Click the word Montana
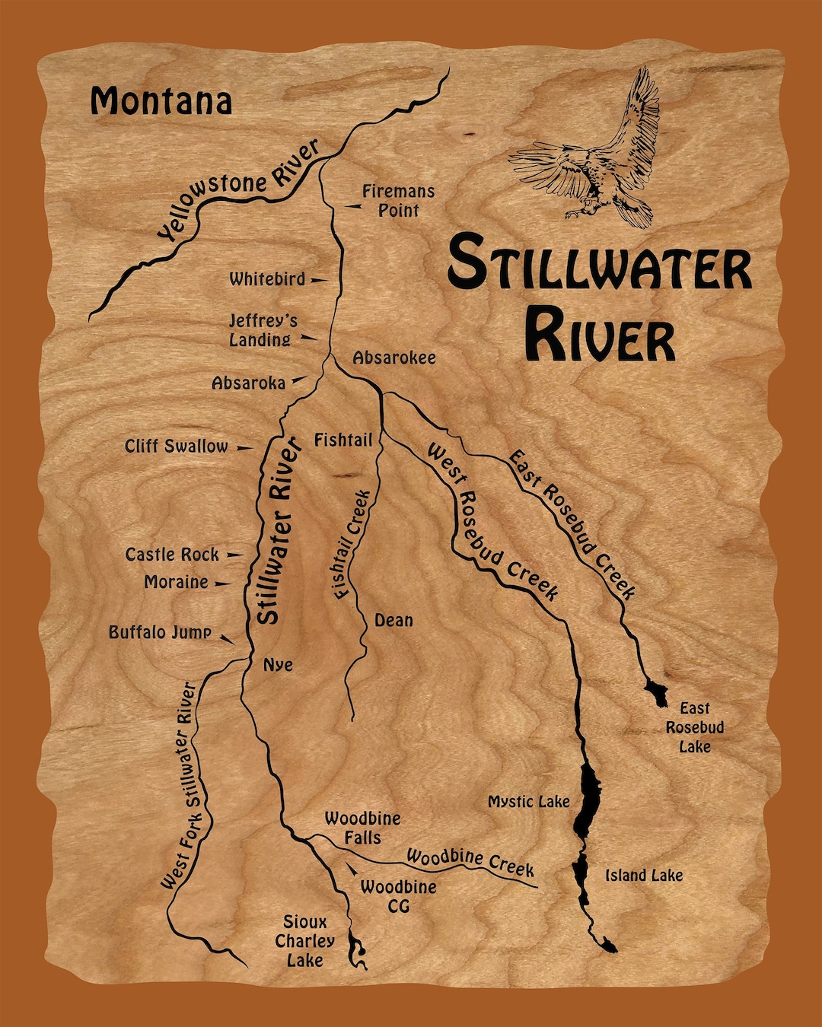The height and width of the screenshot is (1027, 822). [161, 101]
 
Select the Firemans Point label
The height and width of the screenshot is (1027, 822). [397, 201]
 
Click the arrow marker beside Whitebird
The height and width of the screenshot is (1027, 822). [318, 280]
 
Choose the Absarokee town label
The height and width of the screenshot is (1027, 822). [393, 358]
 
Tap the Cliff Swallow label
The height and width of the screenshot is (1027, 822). [176, 447]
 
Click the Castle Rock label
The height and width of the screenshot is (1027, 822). [172, 555]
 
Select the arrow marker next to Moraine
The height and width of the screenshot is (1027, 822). [221, 583]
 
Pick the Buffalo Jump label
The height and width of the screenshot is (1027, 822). [160, 632]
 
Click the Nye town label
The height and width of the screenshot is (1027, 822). [278, 665]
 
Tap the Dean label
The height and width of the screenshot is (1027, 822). [393, 621]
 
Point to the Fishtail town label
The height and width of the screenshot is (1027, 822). [343, 440]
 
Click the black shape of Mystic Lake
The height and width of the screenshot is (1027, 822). [588, 799]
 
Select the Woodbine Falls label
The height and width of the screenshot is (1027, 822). [362, 828]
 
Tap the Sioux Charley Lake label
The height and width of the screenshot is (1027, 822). [304, 941]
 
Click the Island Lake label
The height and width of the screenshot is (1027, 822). [644, 876]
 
